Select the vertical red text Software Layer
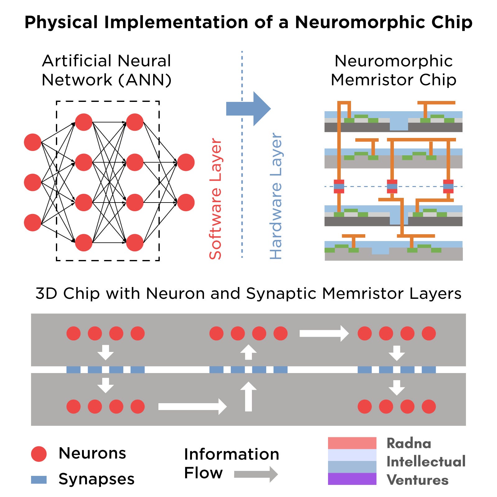pos(215,199)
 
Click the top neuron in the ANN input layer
pos(33,142)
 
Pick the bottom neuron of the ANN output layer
pos(186,203)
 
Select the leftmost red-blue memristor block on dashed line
pos(339,186)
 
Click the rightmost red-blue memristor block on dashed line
pos(448,186)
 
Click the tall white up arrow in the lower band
pos(248,397)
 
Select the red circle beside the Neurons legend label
pos(39,454)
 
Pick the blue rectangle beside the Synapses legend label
pos(39,480)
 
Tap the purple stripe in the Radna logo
pos(352,479)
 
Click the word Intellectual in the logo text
pos(426,462)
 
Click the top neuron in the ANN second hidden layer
pos(135,122)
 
